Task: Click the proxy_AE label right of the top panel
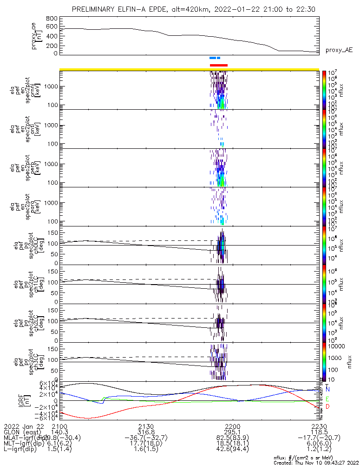pos(339,50)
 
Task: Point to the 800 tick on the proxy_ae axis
pos(52,19)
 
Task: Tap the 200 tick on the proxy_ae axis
pos(52,46)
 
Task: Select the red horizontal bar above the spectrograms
pos(219,65)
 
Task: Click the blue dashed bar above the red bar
pos(215,58)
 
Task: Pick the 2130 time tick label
pos(146,426)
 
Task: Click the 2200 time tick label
pos(232,426)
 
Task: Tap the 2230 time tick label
pos(319,426)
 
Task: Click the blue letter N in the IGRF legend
pos(327,389)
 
